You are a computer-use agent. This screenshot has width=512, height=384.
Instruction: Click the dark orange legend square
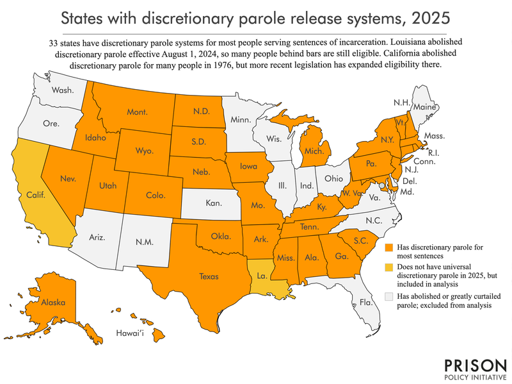tap(389, 246)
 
